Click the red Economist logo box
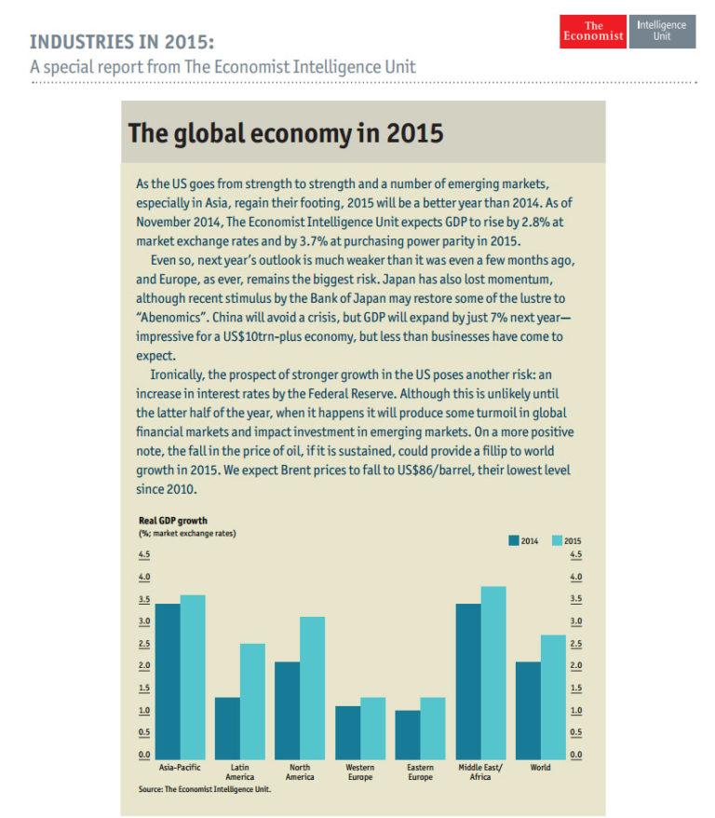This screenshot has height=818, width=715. (x=592, y=32)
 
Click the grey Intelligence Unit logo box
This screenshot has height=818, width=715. (x=662, y=31)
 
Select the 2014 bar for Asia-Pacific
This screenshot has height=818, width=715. (x=168, y=681)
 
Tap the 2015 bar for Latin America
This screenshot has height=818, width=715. (x=252, y=701)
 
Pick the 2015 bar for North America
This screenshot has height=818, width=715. (x=312, y=688)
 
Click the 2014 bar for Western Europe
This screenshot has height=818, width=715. (x=347, y=732)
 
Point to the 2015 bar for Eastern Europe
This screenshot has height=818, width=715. (x=432, y=728)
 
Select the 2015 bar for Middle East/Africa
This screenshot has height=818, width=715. (x=492, y=672)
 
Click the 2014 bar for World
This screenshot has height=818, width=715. (x=528, y=710)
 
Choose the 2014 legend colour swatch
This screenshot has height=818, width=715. (x=513, y=539)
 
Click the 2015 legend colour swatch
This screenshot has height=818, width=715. (x=558, y=539)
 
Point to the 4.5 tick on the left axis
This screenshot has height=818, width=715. (x=144, y=555)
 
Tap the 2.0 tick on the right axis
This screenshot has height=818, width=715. (x=575, y=665)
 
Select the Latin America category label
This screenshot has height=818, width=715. (x=240, y=772)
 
